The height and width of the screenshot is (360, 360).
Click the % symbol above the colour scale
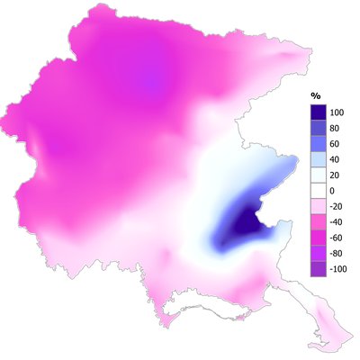316,94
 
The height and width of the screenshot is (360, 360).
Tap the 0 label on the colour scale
334,191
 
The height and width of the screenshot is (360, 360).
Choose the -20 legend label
338,206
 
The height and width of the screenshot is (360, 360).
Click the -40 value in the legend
338,222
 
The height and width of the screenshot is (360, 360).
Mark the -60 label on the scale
338,238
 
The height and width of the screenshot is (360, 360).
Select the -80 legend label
338,254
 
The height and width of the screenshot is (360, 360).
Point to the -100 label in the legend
340,269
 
